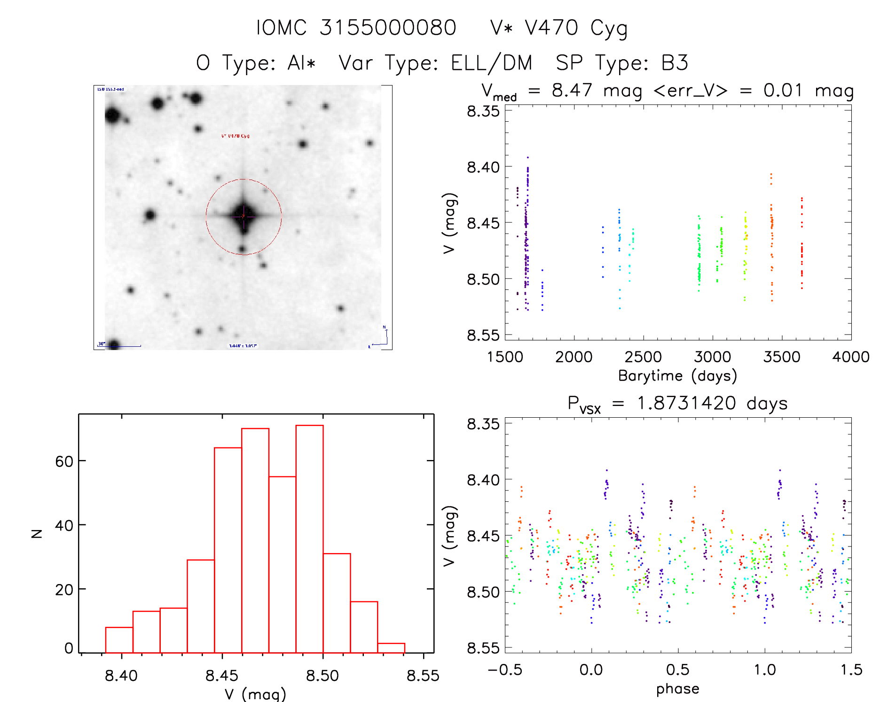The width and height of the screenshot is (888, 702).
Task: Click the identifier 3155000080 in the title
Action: pos(388,28)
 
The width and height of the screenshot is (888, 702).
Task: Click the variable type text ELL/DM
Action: pos(491,63)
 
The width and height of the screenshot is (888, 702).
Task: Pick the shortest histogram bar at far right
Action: pos(391,648)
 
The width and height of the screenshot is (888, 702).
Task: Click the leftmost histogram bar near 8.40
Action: pos(119,640)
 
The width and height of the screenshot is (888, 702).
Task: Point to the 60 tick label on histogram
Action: pos(64,461)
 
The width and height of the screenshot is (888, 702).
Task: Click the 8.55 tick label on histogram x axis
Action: pos(423,676)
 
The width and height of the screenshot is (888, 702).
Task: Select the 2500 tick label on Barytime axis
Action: pos(643,357)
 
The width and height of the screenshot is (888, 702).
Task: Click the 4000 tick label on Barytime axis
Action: pos(850,357)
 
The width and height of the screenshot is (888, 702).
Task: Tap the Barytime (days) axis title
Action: pos(677,376)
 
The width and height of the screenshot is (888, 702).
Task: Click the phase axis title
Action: pos(677,689)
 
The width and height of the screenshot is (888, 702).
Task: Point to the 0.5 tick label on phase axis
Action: pos(677,670)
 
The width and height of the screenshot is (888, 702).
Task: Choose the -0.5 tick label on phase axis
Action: pos(505,670)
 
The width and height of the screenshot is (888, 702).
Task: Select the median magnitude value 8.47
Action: pos(572,90)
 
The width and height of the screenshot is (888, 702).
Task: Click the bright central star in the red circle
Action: pos(243,216)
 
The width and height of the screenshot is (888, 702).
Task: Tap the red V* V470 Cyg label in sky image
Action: pos(235,136)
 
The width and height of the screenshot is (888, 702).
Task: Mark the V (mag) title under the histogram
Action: pos(255,694)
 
